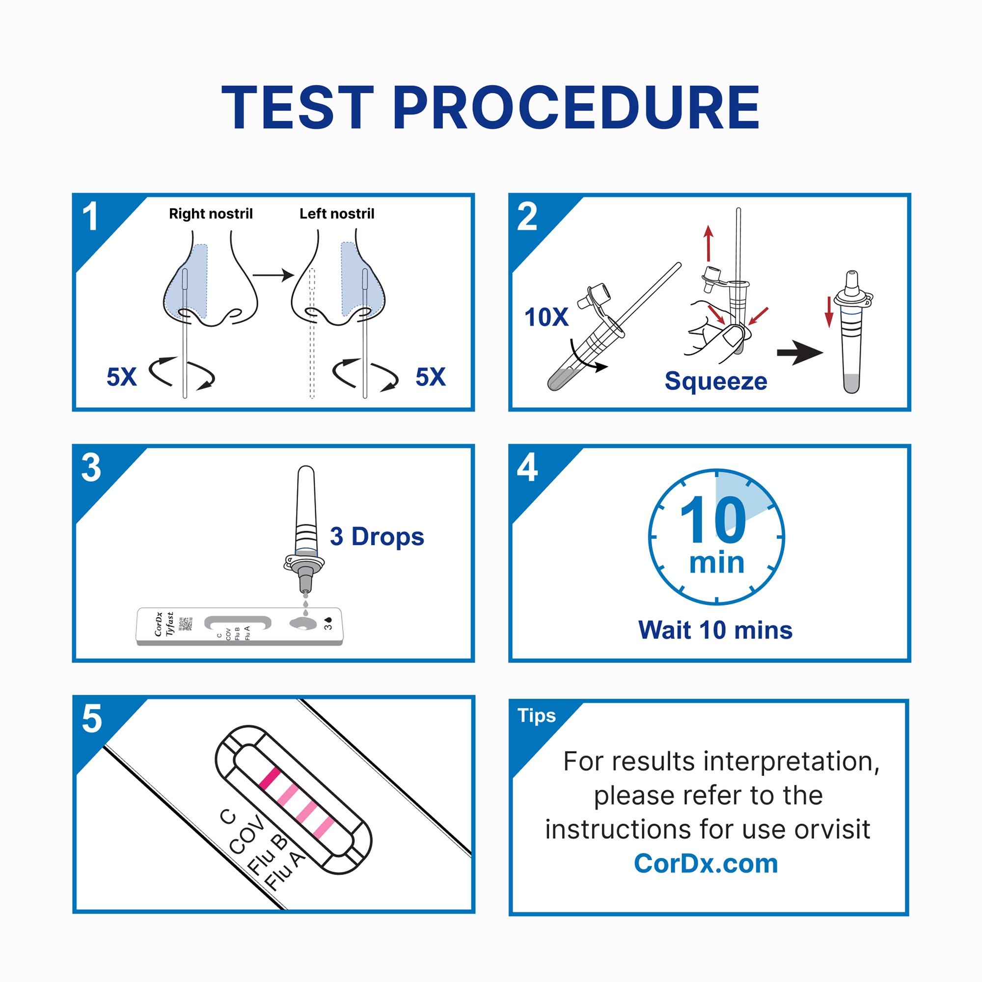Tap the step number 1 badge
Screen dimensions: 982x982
coord(90,217)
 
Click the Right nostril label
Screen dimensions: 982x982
coord(211,214)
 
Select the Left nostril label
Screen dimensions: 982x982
coord(336,214)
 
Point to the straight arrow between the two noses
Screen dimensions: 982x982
coord(273,275)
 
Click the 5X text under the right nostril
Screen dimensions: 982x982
coord(121,377)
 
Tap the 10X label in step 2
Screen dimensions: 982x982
coord(546,317)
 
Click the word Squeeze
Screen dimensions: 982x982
coord(716,381)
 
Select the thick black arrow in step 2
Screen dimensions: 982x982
coord(799,352)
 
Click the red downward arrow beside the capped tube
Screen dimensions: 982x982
coord(829,312)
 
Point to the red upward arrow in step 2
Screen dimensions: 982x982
coord(709,244)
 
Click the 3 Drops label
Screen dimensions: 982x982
coord(377,537)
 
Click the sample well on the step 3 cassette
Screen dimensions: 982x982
coord(303,623)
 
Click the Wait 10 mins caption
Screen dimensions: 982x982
coord(715,630)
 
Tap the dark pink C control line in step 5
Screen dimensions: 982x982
coord(270,779)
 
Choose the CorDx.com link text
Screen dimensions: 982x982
coord(706,864)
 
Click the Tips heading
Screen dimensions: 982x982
coord(536,715)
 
